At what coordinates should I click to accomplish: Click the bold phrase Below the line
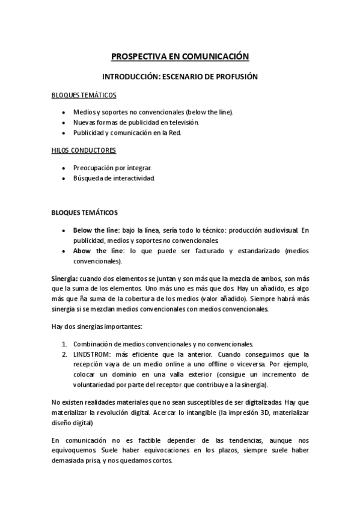pyautogui.click(x=96, y=230)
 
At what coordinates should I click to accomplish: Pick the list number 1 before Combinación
pyautogui.click(x=64, y=344)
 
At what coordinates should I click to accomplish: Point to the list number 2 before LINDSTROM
pyautogui.click(x=64, y=354)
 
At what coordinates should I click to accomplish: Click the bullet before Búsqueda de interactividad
pyautogui.click(x=64, y=179)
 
